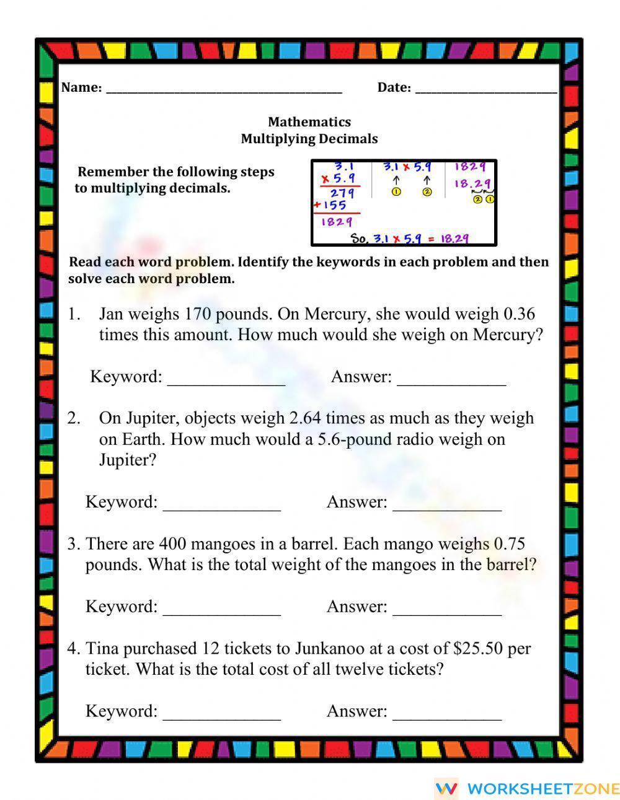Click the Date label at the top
(394, 87)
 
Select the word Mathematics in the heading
(309, 122)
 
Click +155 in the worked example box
(331, 205)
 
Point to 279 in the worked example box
(342, 193)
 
